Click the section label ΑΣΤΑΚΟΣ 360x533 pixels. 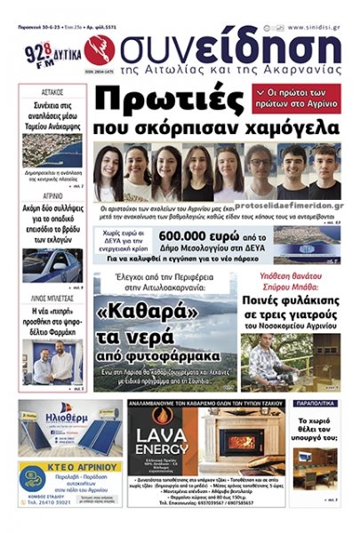[x=51, y=91]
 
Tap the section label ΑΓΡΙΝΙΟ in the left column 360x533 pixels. [x=51, y=196]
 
